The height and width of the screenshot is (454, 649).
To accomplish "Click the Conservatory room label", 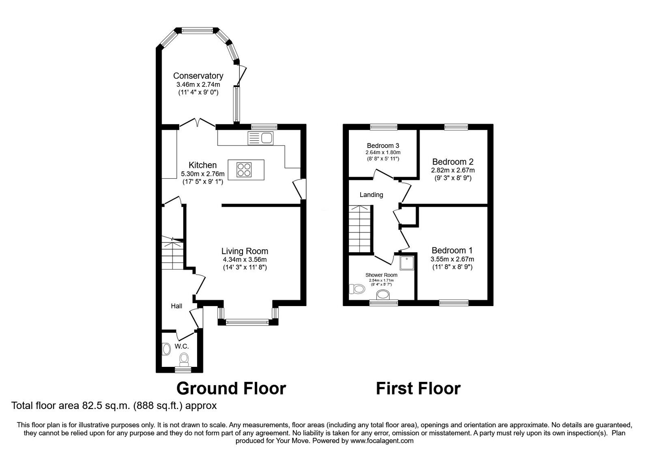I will (198, 76).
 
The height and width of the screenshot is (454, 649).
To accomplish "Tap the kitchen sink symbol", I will (260, 139).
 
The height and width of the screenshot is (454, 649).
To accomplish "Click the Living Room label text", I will (245, 251).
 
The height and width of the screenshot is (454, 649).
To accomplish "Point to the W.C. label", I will (182, 346).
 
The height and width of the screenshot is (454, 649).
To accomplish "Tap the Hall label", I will (176, 306).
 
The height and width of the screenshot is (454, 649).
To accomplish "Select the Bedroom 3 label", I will (383, 146).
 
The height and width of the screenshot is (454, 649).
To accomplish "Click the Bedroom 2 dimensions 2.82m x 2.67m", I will (453, 170).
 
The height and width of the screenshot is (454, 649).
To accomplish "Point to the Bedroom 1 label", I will (452, 251).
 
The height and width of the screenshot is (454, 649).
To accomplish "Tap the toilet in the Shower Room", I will (357, 289).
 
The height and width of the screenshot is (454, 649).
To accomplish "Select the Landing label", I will (371, 195).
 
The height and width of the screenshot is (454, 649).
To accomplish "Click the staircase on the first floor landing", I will (361, 229).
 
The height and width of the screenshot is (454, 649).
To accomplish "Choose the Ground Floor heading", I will (231, 388).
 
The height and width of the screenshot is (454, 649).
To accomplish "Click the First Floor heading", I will (418, 388).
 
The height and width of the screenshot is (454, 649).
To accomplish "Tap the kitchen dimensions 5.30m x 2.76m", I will (202, 174).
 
